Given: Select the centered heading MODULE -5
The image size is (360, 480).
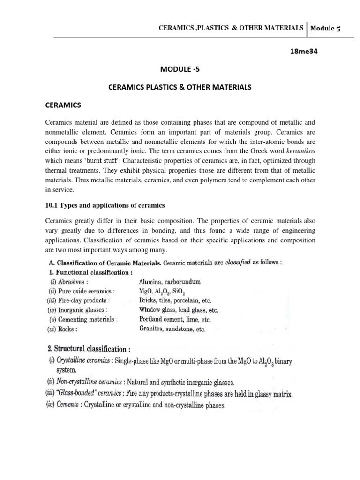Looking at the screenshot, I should coord(180,69).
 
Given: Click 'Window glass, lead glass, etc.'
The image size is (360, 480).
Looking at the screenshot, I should coord(179,310).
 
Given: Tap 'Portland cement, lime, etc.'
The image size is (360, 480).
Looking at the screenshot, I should coord(175,319).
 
